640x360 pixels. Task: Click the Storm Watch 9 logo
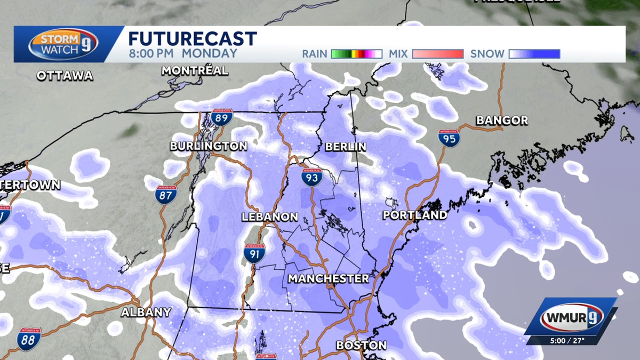coord(63,44)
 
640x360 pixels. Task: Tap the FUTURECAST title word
coord(193,39)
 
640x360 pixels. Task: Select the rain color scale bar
coord(356,54)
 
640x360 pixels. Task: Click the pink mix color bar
coord(437,54)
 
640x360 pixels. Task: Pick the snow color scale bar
coord(534,54)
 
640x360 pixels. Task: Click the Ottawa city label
coord(65,76)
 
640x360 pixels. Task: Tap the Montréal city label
coord(195,70)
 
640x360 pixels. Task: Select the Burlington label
coord(209,146)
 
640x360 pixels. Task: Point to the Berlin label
coord(346,146)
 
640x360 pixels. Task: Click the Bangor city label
coord(502,121)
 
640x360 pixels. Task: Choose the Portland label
coord(415,215)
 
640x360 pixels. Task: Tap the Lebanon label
coord(269,217)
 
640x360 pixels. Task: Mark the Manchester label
coord(328,279)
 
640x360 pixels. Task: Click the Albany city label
coord(146,313)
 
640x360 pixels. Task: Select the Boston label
coord(361,346)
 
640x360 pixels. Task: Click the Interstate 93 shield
coord(311,177)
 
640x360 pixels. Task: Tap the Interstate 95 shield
coord(449,138)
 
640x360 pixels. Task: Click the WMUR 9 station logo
coord(571,319)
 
